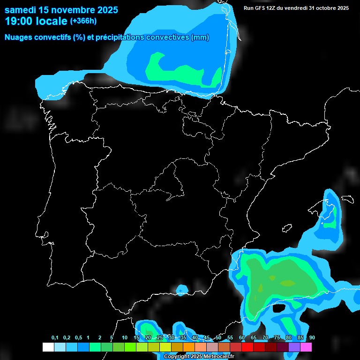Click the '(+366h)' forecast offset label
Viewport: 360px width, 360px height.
(83, 21)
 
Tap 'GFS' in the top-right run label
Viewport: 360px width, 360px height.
(262, 8)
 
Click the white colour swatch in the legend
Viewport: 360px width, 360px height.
(48, 347)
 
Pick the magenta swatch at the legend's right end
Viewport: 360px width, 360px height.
(306, 347)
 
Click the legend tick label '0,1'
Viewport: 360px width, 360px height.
(55, 338)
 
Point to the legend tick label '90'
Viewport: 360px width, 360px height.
(312, 338)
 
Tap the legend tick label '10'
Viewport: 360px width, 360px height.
(125, 338)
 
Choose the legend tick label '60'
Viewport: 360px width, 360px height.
(242, 338)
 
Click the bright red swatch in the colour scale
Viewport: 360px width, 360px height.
(247, 347)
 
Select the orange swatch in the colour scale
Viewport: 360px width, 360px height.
(189, 347)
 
